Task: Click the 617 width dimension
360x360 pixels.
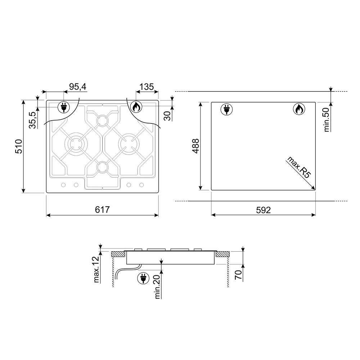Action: [102, 210]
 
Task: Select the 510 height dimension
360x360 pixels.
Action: [19, 146]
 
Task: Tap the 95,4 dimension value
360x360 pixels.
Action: [78, 87]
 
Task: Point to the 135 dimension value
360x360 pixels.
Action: [147, 87]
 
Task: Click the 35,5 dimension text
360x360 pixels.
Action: [33, 120]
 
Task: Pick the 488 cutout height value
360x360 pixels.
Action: [195, 146]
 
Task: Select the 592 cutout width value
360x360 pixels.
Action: [264, 210]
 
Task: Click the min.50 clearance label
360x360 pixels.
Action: [326, 120]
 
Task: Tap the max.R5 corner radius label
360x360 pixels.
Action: [299, 167]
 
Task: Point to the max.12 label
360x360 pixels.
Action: [96, 269]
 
